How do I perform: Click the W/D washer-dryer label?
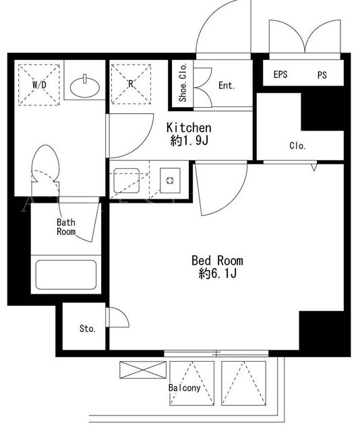[x=39, y=85]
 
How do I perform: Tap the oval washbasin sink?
[x=85, y=88]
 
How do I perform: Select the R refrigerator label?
[x=131, y=84]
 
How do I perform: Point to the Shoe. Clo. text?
[x=183, y=82]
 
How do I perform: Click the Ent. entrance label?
[x=227, y=86]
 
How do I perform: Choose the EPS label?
[x=280, y=75]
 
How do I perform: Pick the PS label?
[x=322, y=75]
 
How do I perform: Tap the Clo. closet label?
[x=297, y=145]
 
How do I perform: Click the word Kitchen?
[x=189, y=127]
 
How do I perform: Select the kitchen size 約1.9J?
[x=189, y=141]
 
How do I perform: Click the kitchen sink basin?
[x=126, y=180]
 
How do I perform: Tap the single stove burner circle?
[x=170, y=180]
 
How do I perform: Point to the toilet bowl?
[x=45, y=163]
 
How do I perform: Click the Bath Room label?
[x=66, y=227]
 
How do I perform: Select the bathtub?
[x=66, y=275]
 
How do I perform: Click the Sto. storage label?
[x=88, y=329]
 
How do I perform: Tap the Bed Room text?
[x=218, y=261]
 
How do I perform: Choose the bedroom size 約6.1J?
[x=218, y=273]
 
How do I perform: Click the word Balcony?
[x=185, y=388]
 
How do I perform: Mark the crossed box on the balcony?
[x=143, y=370]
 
